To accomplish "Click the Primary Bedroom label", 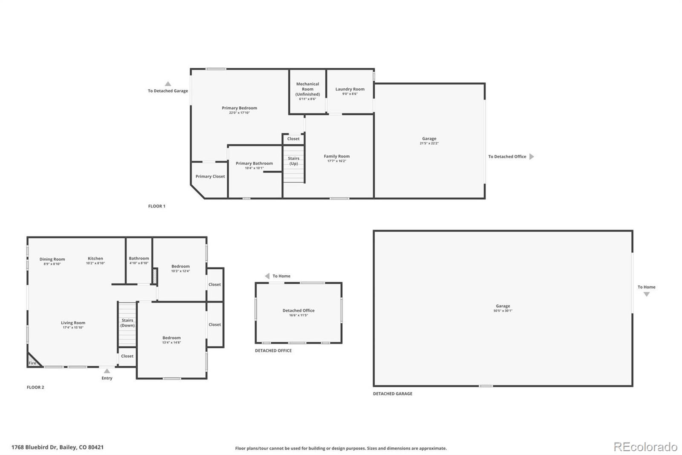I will coord(239,108).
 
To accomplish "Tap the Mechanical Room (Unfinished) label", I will coord(307,89).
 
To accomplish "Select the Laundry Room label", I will coord(350,89).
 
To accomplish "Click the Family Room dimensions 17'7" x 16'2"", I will coord(336,161).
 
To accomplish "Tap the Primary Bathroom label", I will coord(254,163).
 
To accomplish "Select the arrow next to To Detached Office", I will coord(532,157).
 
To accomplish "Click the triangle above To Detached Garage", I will coord(168,84).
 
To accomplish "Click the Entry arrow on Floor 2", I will coord(107,371).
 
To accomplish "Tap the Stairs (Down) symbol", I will coord(127,324).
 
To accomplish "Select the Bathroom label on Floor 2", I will coord(139,258).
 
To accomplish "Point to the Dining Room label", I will coord(52,259).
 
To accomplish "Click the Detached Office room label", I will coord(298,310).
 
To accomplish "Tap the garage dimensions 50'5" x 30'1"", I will coord(503,311).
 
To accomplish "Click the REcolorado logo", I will coord(645,447).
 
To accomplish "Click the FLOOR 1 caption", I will coord(156,206).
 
